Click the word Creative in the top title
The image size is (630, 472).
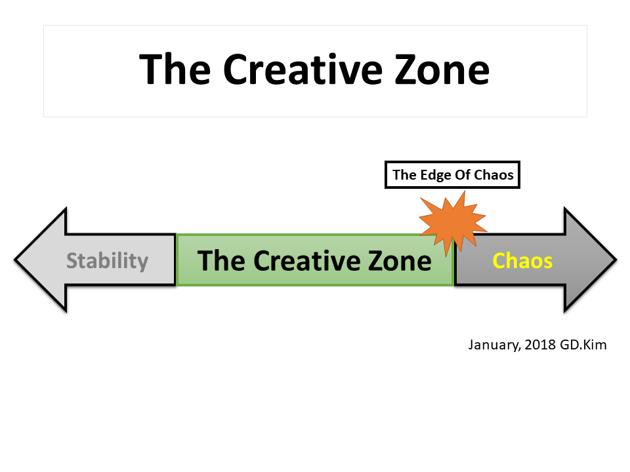click(x=303, y=69)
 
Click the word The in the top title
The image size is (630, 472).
click(x=175, y=69)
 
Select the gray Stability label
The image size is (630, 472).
click(x=107, y=261)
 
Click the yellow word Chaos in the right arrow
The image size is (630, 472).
click(x=522, y=260)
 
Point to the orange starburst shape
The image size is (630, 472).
click(x=453, y=222)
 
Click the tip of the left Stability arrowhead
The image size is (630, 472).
click(x=15, y=260)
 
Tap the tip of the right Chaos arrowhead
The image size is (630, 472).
click(x=616, y=260)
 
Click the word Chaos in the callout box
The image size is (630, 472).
click(x=493, y=175)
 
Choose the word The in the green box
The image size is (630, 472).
click(x=221, y=260)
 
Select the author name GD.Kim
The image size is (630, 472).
click(x=583, y=344)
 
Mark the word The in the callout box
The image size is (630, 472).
click(x=405, y=175)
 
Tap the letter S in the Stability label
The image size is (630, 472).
click(x=72, y=260)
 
